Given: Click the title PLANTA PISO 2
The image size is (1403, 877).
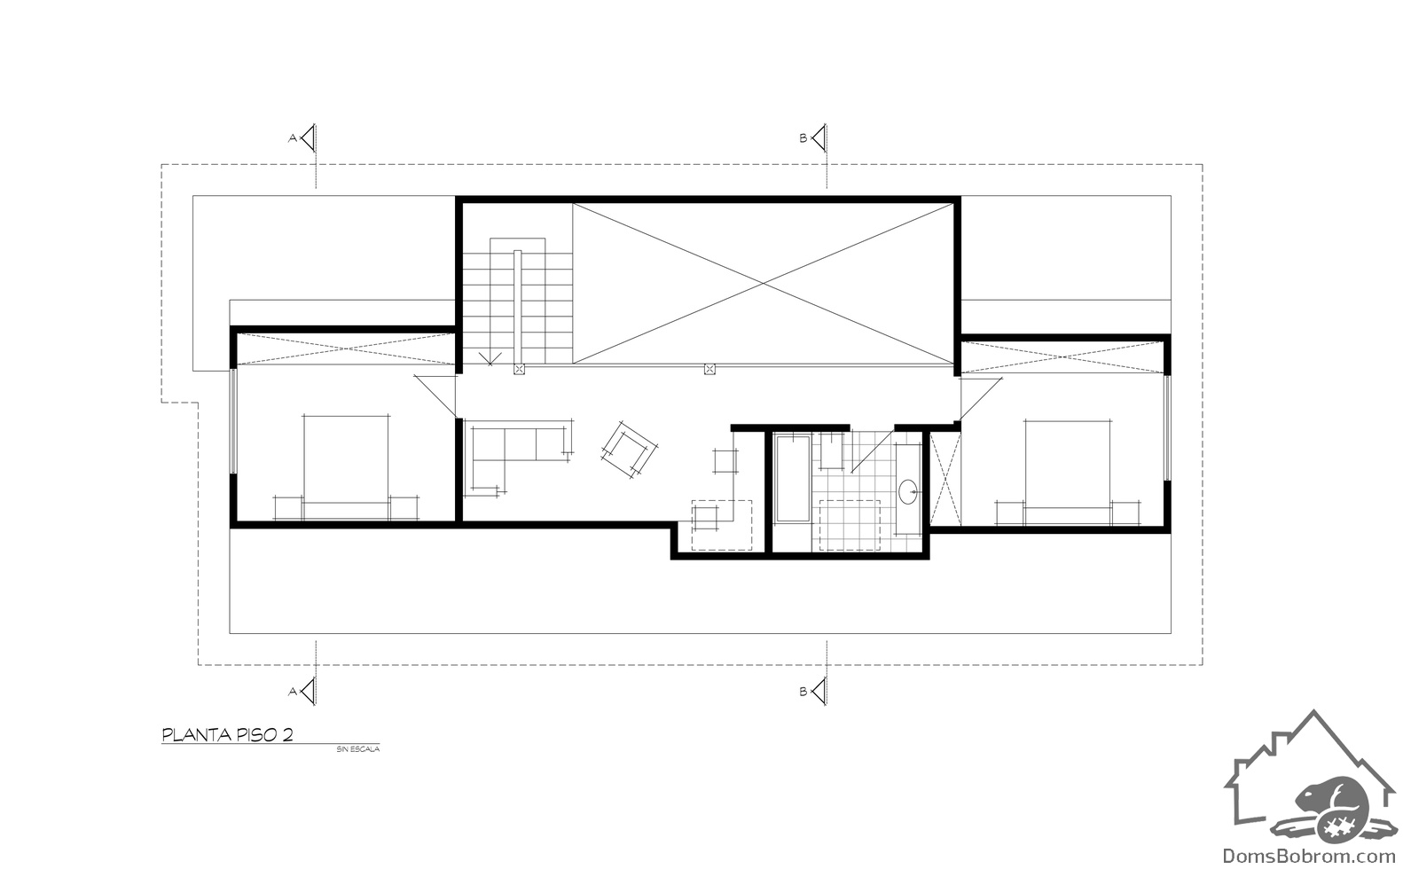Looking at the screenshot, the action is pyautogui.click(x=227, y=735).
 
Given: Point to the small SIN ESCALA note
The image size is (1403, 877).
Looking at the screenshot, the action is pyautogui.click(x=357, y=749).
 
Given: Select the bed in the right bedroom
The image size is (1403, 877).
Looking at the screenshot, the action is pyautogui.click(x=1067, y=473).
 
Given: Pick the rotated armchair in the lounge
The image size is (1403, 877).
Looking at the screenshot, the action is pyautogui.click(x=630, y=450).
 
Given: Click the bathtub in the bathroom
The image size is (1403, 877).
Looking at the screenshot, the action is pyautogui.click(x=793, y=478).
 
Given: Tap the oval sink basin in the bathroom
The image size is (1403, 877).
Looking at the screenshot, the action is pyautogui.click(x=908, y=492).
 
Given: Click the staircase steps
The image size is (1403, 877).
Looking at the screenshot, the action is pyautogui.click(x=517, y=301).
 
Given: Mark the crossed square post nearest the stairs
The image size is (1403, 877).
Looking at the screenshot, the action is pyautogui.click(x=519, y=370).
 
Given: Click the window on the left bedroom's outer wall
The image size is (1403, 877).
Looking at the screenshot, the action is pyautogui.click(x=233, y=421).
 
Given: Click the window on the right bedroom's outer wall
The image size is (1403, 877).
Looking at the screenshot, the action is pyautogui.click(x=1167, y=427).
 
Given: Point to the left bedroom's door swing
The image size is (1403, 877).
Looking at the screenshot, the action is pyautogui.click(x=435, y=396).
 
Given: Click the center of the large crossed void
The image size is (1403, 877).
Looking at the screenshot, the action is pyautogui.click(x=763, y=283).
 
